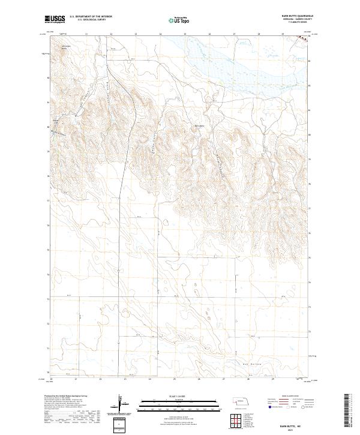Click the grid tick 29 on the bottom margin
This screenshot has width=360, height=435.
282,379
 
